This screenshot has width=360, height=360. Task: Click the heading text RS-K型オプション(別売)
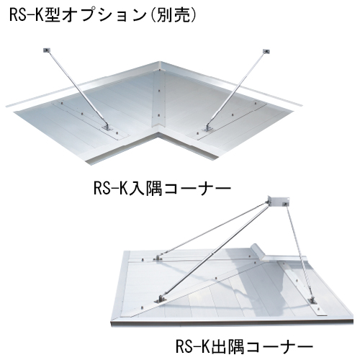[103, 15]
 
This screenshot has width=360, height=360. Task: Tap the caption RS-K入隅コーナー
[162, 188]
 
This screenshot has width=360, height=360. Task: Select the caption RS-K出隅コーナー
[244, 346]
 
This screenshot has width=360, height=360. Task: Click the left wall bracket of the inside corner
[47, 50]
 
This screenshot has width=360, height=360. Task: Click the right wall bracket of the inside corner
[266, 51]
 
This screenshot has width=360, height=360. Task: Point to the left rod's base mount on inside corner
[107, 127]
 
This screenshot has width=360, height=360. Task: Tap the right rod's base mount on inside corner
[207, 129]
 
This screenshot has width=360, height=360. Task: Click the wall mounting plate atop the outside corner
[279, 201]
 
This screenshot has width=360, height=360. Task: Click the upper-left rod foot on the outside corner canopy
[158, 258]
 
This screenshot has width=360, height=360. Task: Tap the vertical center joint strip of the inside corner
[159, 99]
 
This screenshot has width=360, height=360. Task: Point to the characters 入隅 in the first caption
[145, 188]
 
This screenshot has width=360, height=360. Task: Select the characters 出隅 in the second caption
[227, 346]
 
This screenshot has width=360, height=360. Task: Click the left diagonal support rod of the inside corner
[77, 88]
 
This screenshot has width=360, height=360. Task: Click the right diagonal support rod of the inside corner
[236, 89]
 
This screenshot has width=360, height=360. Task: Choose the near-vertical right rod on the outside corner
[300, 251]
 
